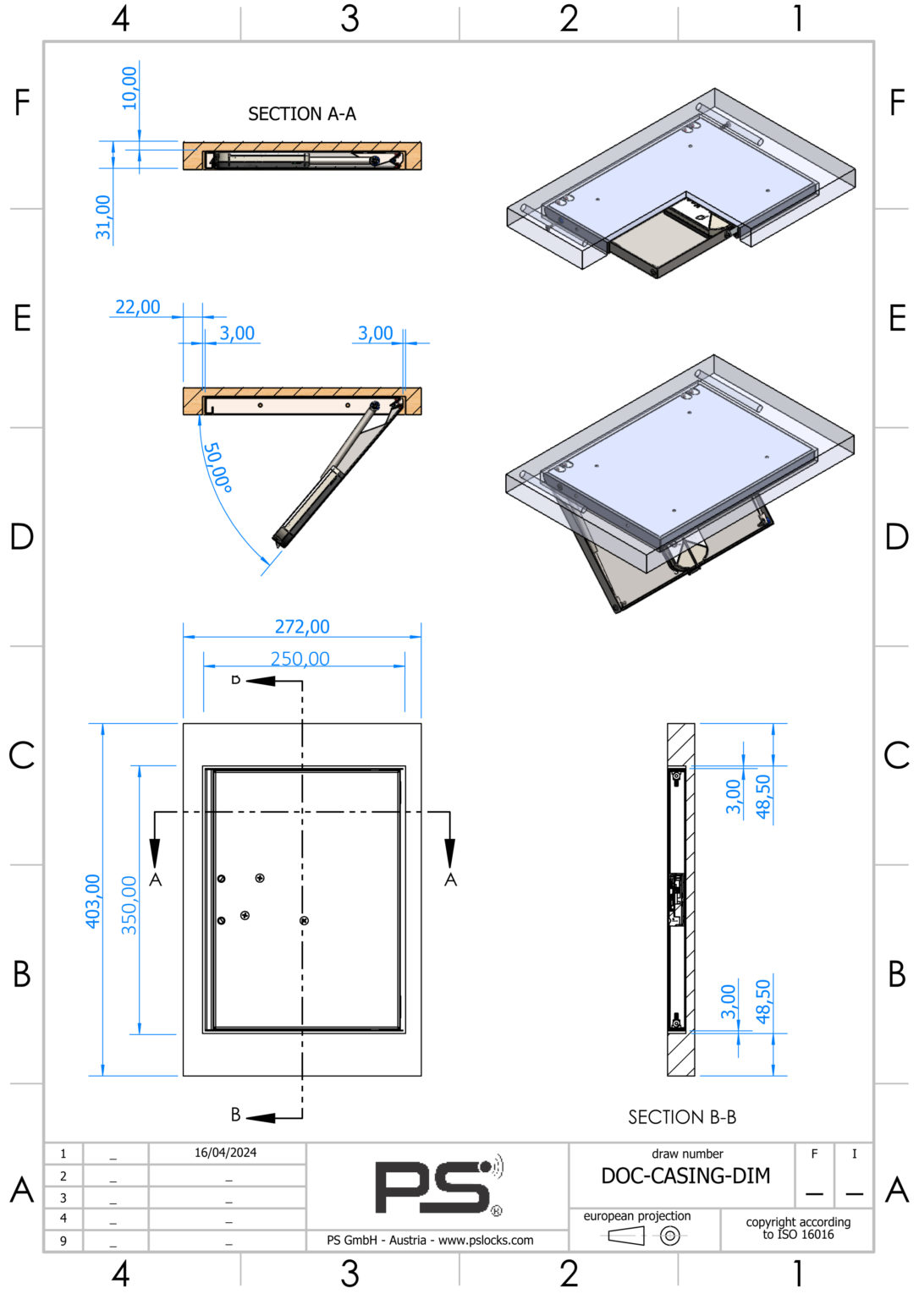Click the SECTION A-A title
(301, 114)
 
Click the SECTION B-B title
(681, 1117)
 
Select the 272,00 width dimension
(302, 627)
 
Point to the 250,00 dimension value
(300, 659)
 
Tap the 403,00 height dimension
(92, 901)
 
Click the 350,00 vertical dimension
(129, 905)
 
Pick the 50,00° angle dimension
(218, 467)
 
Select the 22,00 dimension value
(137, 307)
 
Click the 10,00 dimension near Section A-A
(129, 88)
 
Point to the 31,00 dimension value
(103, 217)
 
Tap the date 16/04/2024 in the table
(225, 1153)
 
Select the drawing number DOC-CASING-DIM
(685, 1176)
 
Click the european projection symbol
(643, 1236)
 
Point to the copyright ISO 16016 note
(797, 1228)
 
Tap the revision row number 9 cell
(63, 1241)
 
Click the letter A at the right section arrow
(450, 880)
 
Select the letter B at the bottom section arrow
(236, 1115)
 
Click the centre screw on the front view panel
(304, 920)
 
